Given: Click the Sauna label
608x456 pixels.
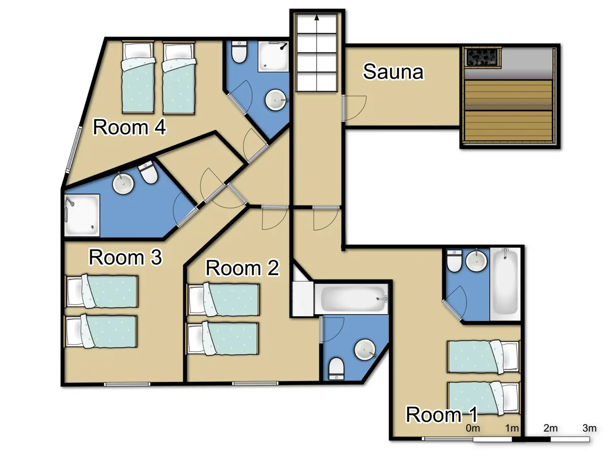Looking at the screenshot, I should coord(393,72).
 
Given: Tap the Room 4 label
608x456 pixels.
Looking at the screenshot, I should coord(130,128).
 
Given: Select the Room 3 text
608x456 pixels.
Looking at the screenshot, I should coord(125,257).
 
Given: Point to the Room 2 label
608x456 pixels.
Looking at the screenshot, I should coord(243,268).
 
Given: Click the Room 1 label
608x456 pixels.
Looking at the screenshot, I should coord(442,415).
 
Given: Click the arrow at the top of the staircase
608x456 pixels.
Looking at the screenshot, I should coord(317,19).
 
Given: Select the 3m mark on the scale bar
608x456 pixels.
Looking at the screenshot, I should coord(589,428).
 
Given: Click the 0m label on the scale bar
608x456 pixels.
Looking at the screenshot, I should coord(473,428).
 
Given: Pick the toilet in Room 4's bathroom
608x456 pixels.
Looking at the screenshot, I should coord(239,51).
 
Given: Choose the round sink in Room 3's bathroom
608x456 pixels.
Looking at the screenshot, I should coord(123,184).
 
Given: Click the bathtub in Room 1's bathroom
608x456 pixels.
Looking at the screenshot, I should coord(505,283).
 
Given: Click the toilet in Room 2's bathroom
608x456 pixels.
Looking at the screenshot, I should coord(336,368).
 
